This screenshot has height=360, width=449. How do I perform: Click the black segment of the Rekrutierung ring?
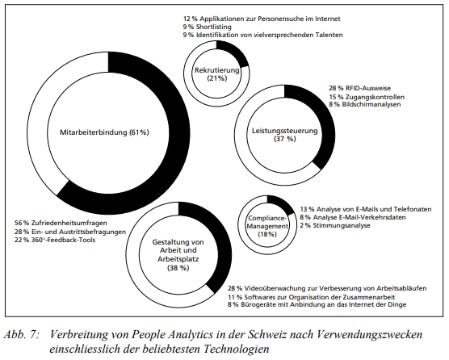coord(234,54)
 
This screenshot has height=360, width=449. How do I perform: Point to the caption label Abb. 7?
coord(23,333)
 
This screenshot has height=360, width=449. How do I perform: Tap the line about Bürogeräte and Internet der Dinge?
coord(321,305)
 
